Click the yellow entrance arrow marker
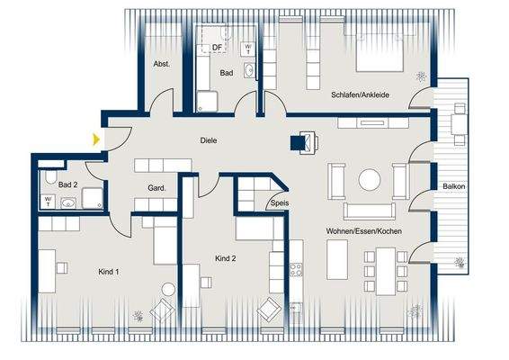click(96, 139)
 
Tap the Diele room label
click(209, 140)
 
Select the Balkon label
click(453, 186)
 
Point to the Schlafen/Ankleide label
click(360, 94)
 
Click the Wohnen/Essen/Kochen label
click(364, 231)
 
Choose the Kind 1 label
click(108, 271)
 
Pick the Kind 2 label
click(226, 258)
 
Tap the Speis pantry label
click(278, 204)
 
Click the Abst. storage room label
click(162, 64)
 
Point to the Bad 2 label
click(68, 184)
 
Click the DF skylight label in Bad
click(216, 48)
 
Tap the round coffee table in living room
click(370, 180)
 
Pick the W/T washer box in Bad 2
click(47, 202)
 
